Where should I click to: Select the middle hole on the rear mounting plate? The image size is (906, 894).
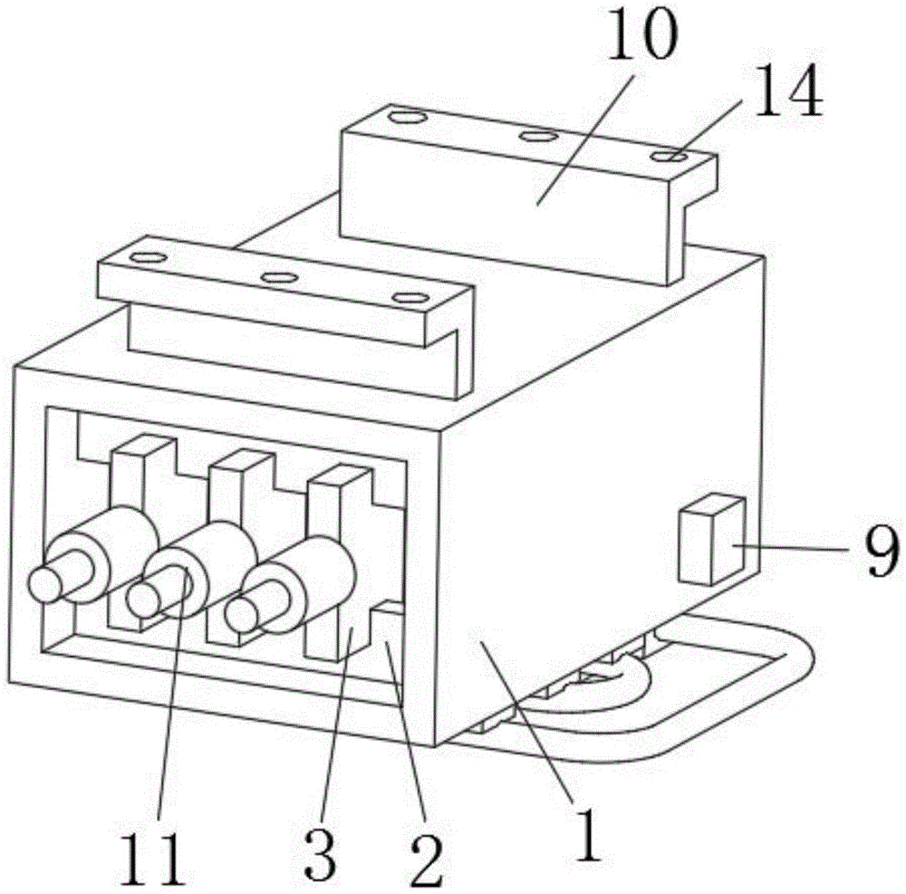[x=538, y=137]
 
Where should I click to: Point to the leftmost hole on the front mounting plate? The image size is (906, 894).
[x=143, y=257]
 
